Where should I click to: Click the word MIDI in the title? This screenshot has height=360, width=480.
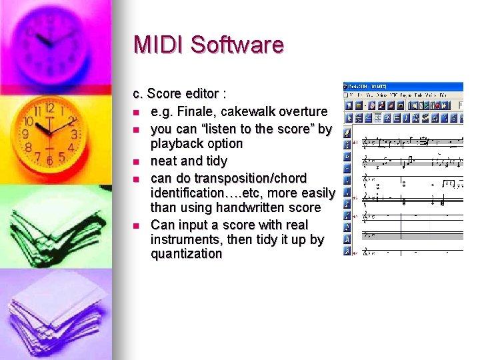pos(159,45)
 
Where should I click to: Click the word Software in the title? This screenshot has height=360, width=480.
pos(237,45)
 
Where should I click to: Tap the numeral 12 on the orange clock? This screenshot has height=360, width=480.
pos(49,107)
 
